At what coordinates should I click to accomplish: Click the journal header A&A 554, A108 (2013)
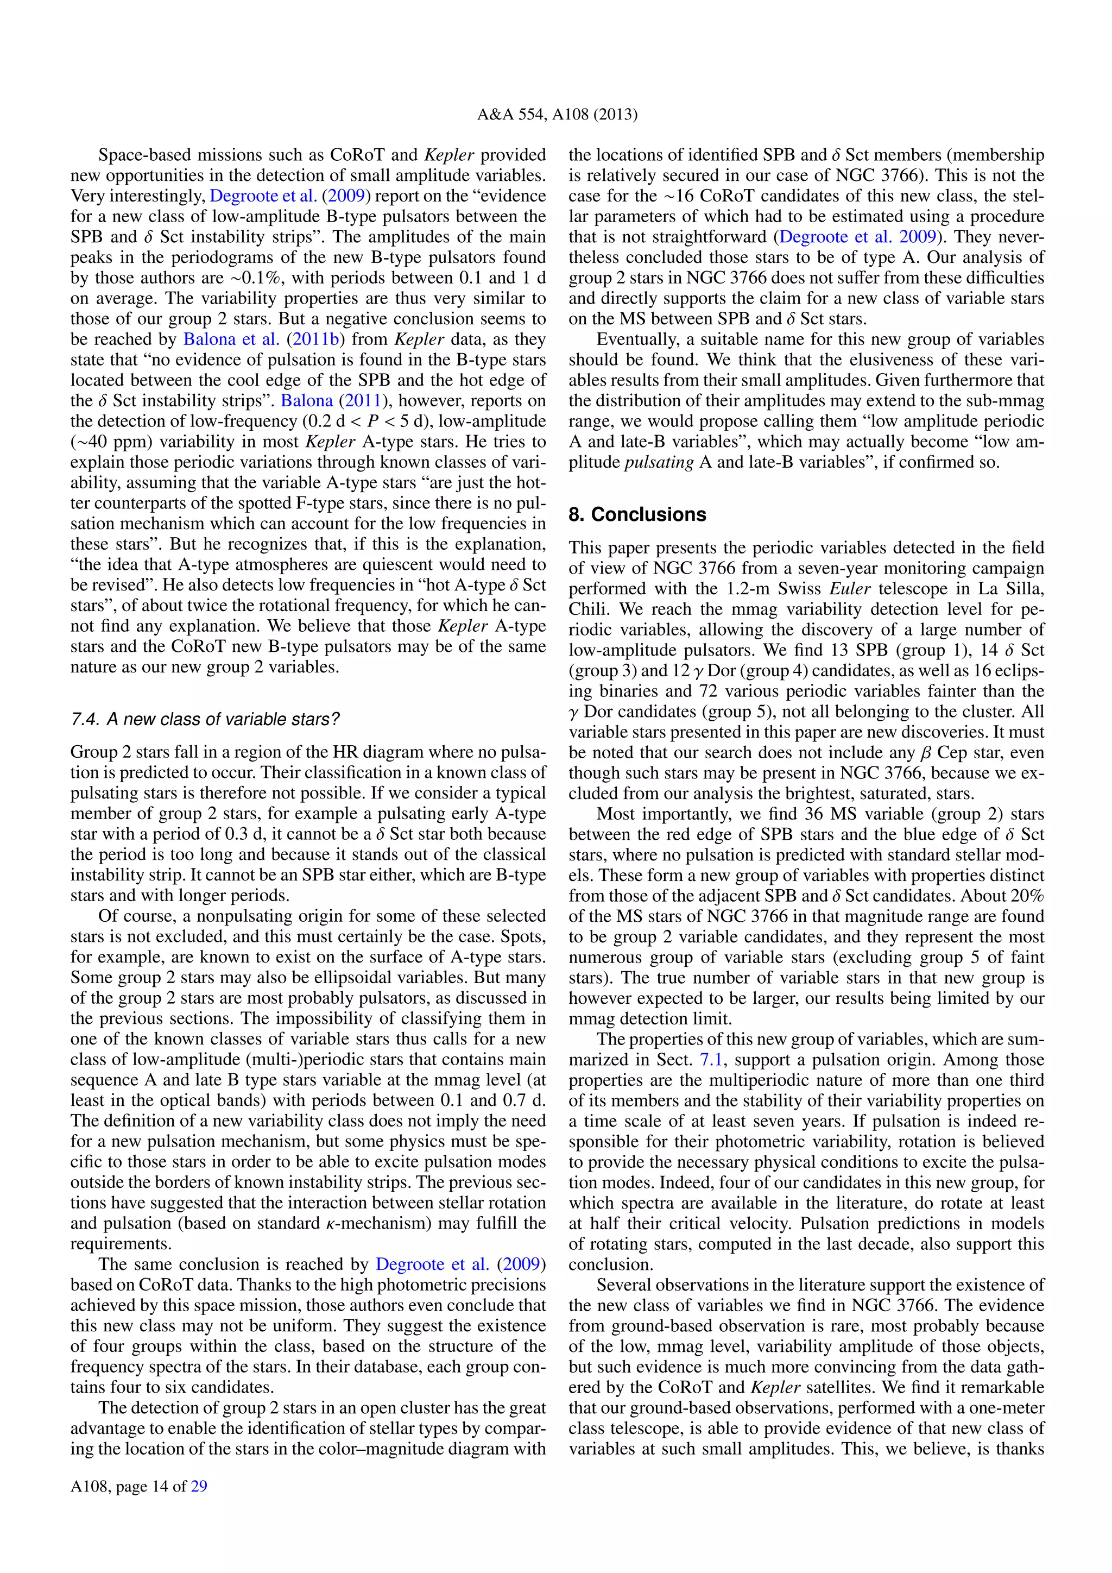(x=557, y=115)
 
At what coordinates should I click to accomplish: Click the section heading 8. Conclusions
(x=637, y=514)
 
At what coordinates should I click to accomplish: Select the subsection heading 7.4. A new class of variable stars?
(x=205, y=719)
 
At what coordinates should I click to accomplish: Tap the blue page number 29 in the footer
(x=199, y=1486)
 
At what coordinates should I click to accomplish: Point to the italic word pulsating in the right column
(x=659, y=462)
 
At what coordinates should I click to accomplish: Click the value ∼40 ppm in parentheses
(x=104, y=442)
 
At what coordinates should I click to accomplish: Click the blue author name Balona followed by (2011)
(x=307, y=401)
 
